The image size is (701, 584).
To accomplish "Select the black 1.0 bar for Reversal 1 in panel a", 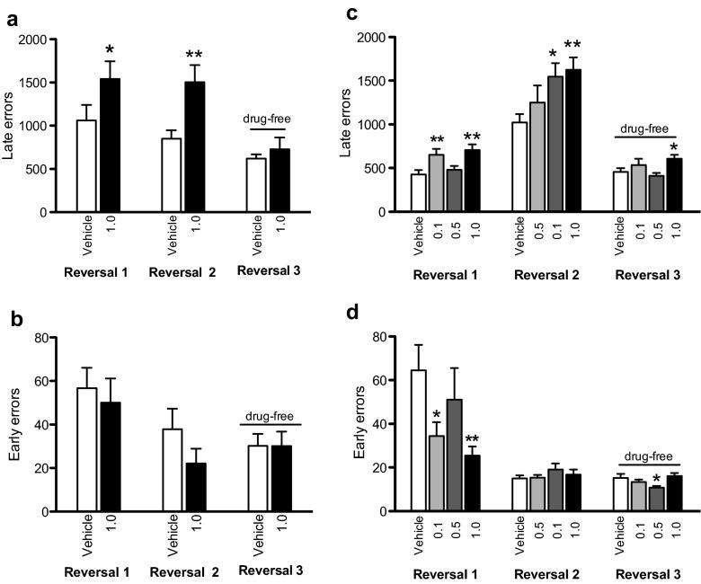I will click(111, 145).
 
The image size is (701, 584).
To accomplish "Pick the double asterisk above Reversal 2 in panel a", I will click(195, 56).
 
